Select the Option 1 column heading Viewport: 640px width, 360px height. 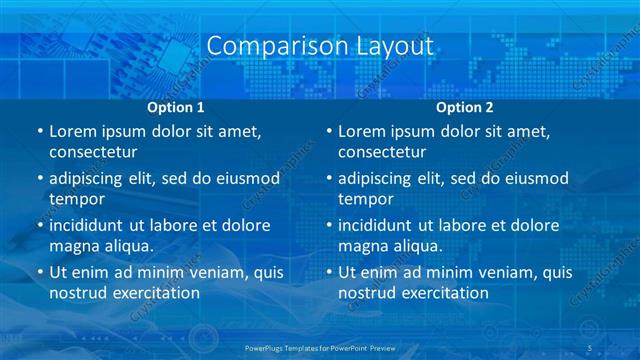176,107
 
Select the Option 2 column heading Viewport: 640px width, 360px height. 465,107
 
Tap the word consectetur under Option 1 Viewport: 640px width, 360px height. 93,152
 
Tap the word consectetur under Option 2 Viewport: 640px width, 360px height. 382,152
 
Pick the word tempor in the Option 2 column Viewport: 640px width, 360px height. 362,198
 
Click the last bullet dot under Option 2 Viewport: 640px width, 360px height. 329,272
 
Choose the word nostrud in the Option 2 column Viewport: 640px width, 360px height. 367,292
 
